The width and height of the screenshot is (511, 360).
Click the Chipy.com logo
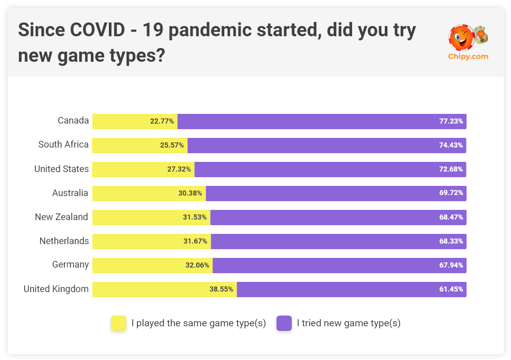click(x=468, y=43)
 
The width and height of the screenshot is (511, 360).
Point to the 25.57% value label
click(x=172, y=146)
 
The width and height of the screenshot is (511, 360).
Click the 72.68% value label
click(x=451, y=170)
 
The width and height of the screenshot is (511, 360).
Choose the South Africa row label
click(x=63, y=145)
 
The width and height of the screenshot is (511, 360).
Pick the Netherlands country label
click(x=64, y=241)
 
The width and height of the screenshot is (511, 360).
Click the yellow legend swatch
click(x=119, y=323)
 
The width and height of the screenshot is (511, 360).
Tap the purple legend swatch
click(x=284, y=323)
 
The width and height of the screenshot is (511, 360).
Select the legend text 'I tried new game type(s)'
click(x=349, y=323)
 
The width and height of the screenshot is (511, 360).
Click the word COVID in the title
click(x=98, y=31)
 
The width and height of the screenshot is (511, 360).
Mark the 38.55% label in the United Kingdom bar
click(x=221, y=290)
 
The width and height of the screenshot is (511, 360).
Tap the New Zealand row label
click(x=61, y=217)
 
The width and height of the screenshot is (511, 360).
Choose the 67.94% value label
click(x=451, y=266)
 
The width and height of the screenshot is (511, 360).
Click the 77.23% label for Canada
click(x=451, y=122)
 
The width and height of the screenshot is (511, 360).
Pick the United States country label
click(x=61, y=169)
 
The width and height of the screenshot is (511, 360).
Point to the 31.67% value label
click(x=195, y=242)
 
